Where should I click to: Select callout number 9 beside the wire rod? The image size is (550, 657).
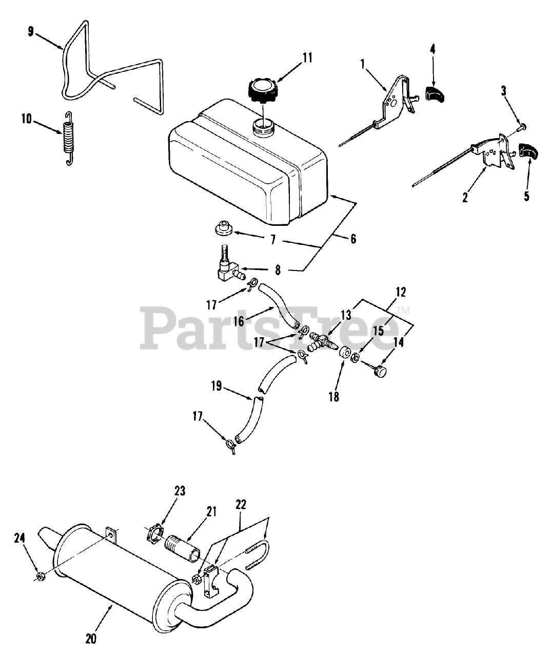31,32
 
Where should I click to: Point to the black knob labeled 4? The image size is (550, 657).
436,94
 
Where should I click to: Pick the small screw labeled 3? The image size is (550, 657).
522,125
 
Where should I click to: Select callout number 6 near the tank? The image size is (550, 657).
353,239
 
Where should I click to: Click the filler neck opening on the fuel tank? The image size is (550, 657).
263,126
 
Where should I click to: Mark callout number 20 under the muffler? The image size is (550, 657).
92,638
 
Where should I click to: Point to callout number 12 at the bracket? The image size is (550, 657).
401,292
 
